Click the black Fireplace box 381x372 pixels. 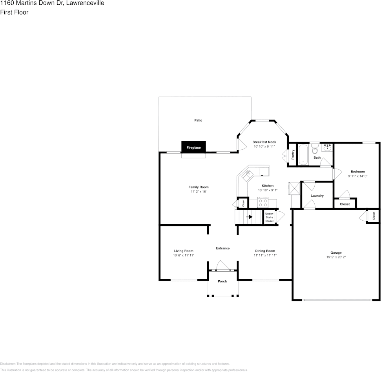[x=193, y=147]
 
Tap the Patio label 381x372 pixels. [x=198, y=120]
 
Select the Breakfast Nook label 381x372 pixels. [x=264, y=142]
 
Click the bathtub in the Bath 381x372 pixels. [x=303, y=155]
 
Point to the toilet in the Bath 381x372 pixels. [x=315, y=149]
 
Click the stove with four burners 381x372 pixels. [x=263, y=203]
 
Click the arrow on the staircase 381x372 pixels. [x=249, y=217]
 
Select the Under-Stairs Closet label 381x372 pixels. [x=269, y=217]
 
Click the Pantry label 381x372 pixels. [x=293, y=155]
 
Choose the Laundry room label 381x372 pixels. [x=317, y=196]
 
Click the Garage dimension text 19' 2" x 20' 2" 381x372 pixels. [x=336, y=258]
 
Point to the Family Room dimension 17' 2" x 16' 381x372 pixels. [x=198, y=192]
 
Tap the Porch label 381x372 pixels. [x=222, y=281]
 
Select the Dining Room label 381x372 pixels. [x=265, y=251]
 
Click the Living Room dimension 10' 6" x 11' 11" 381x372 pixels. [x=184, y=255]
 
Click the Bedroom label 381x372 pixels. [x=357, y=172]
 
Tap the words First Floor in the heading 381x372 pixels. [x=14, y=12]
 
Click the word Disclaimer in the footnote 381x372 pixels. [x=8, y=364]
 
